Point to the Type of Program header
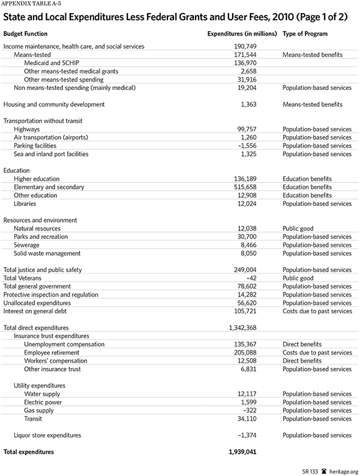(x=305, y=34)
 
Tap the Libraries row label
(x=26, y=203)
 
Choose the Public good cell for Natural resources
(x=299, y=229)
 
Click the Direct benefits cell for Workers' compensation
(x=304, y=361)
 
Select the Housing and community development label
(x=54, y=104)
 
